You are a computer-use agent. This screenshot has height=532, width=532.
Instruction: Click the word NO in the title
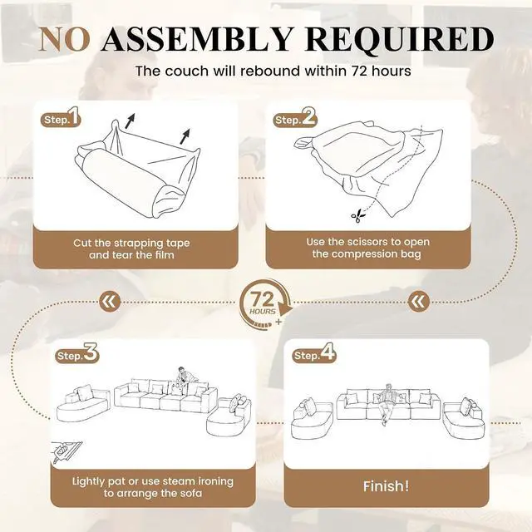(65, 39)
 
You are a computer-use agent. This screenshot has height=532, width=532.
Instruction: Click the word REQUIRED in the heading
(399, 39)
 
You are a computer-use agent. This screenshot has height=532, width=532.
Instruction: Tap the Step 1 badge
(62, 117)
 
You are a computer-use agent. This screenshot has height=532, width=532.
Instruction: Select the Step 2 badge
(295, 117)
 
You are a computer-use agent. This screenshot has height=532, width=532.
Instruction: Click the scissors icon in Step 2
(358, 215)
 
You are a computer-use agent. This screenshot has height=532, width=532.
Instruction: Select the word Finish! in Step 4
(386, 486)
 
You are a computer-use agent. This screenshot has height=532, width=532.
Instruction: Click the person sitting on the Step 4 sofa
(387, 403)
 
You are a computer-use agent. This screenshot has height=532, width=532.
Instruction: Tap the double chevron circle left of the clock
(110, 301)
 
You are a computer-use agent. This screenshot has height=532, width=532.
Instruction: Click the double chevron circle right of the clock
(418, 301)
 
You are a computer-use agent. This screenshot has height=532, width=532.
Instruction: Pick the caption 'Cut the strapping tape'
(131, 244)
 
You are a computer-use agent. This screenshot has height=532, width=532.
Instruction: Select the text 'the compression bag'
(367, 254)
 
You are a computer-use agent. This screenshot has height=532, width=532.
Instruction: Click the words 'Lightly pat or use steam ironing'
(153, 481)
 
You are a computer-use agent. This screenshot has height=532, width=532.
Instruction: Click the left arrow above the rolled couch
(130, 121)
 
